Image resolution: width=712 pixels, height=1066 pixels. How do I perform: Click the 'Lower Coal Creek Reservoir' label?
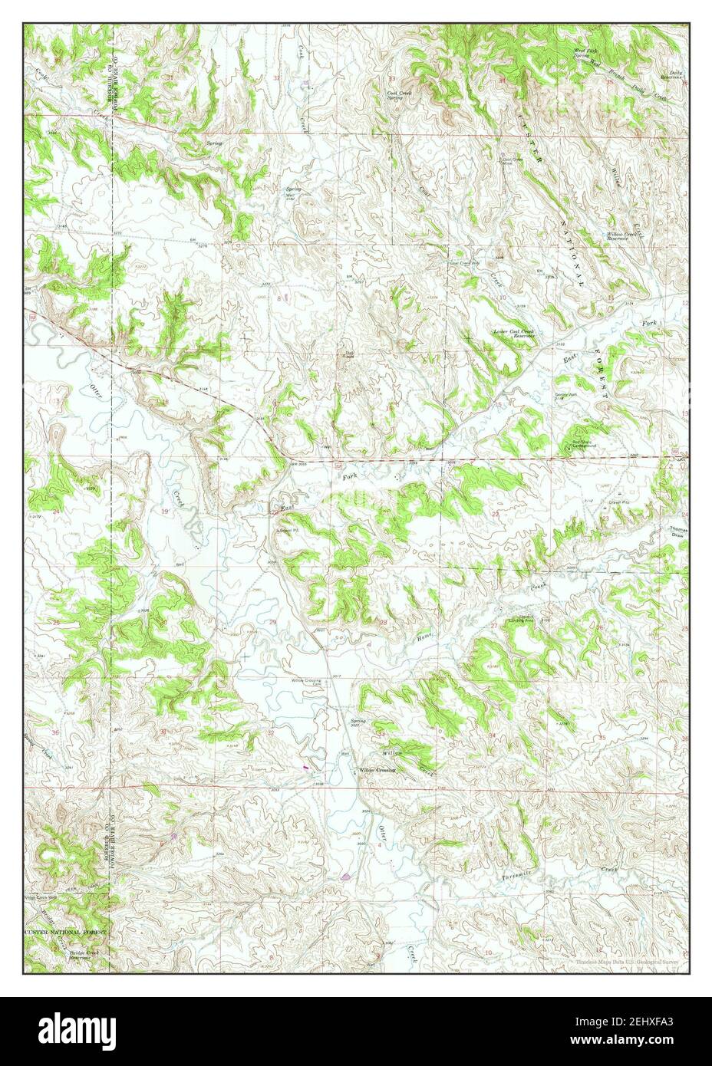point(513,334)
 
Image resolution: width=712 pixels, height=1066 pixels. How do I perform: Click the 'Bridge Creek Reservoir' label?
point(84,956)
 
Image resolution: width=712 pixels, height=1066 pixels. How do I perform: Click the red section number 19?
point(164,510)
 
